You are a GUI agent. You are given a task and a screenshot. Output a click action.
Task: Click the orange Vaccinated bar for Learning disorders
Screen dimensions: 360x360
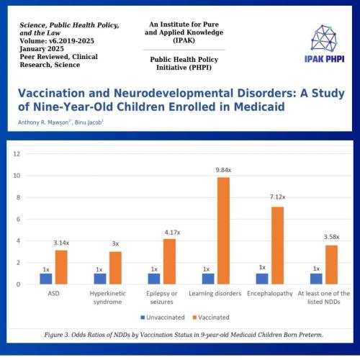point(223,230)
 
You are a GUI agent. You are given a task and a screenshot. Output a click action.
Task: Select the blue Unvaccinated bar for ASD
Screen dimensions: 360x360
point(46,279)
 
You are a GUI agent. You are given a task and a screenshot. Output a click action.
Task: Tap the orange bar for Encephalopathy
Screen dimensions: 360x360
point(277,246)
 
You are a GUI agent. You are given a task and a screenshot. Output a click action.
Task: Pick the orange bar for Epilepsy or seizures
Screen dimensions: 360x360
point(169,261)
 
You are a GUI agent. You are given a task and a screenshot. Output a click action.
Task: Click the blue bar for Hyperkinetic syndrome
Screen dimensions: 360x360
point(100,279)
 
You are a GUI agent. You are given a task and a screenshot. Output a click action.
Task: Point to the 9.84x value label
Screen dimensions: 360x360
point(223,170)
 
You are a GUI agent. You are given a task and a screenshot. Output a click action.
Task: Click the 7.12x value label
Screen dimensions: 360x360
point(277,197)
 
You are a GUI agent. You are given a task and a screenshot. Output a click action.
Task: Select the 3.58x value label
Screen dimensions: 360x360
point(331,237)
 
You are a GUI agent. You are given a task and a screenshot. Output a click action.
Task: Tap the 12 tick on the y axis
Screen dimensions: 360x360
point(17,154)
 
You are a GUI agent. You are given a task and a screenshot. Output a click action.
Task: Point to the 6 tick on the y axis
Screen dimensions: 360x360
point(18,219)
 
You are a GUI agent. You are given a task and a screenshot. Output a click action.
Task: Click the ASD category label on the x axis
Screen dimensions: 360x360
point(53,293)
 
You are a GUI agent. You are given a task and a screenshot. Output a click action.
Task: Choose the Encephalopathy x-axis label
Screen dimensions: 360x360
point(270,294)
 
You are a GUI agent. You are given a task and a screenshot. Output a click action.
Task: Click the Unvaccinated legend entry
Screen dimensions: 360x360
point(163,318)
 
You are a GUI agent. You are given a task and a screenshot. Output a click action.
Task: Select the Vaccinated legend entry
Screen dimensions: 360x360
point(211,318)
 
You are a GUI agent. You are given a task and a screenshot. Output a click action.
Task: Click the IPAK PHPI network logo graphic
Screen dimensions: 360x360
point(324,38)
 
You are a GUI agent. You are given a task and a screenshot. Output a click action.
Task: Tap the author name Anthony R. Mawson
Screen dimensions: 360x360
point(43,122)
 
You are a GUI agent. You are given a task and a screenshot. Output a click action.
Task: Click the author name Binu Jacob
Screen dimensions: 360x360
point(88,122)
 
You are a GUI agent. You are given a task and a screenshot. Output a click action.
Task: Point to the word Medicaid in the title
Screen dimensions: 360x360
point(259,107)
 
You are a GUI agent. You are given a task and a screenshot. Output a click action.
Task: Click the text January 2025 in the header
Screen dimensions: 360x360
point(42,49)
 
